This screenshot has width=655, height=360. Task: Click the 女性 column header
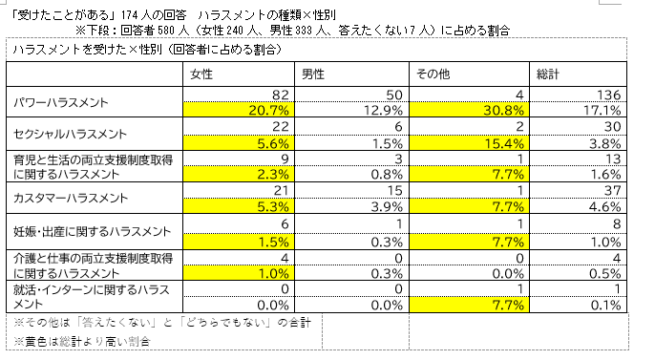(x=201, y=74)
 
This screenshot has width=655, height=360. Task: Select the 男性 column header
(x=313, y=74)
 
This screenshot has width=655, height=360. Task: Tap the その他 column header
(x=433, y=74)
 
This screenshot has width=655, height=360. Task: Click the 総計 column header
(x=548, y=74)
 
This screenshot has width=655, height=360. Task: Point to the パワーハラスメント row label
(x=61, y=102)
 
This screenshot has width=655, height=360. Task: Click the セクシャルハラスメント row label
(x=70, y=134)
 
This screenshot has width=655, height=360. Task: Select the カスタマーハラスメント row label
(x=71, y=198)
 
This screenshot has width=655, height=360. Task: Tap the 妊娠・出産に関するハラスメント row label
(x=93, y=231)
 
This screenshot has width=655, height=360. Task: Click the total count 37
(x=612, y=191)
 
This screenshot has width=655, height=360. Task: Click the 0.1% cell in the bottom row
(x=605, y=306)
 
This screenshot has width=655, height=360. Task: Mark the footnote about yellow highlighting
(x=82, y=342)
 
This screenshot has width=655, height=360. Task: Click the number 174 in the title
(x=130, y=15)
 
